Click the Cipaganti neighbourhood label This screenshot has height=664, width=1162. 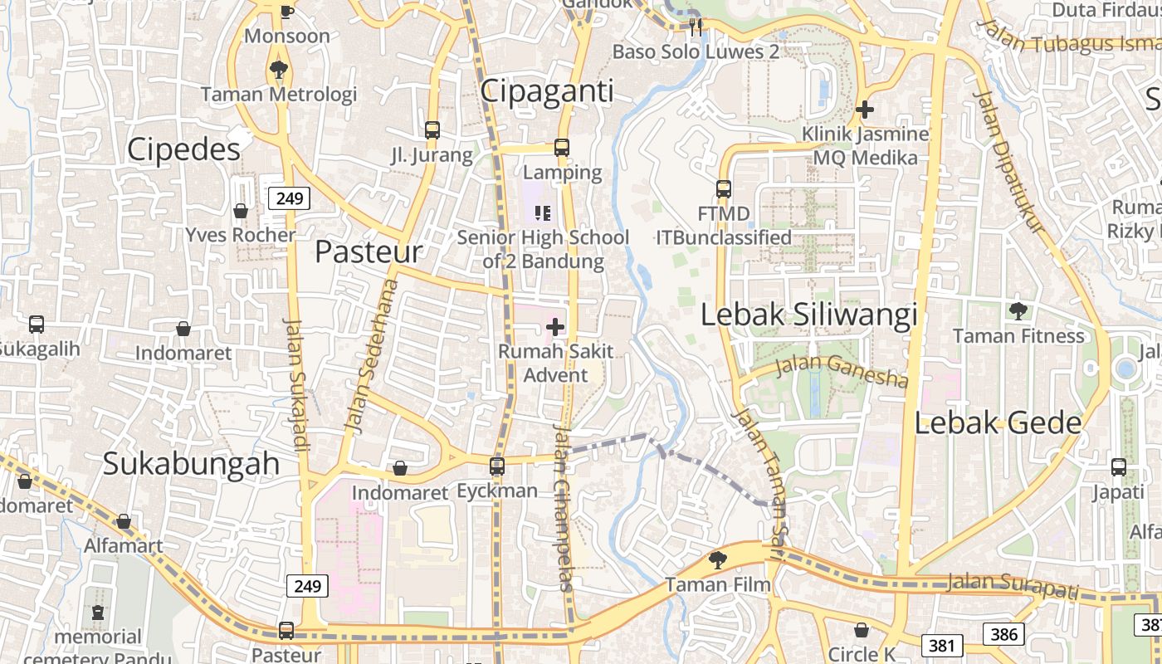tap(547, 90)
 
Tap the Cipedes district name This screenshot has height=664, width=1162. tap(183, 149)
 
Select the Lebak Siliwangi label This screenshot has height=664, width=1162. tap(809, 315)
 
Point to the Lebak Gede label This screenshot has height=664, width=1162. tap(998, 423)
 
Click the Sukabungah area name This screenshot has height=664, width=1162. tap(191, 464)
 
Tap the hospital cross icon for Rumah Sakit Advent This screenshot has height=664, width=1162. tap(555, 327)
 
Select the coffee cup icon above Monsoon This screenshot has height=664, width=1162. tap(286, 11)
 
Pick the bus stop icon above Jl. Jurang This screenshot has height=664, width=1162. tap(432, 129)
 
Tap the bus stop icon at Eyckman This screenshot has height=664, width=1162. tap(497, 466)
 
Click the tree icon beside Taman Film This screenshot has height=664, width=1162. tap(717, 560)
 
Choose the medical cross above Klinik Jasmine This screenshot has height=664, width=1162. tap(865, 109)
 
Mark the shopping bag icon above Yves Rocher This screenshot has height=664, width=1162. tap(241, 211)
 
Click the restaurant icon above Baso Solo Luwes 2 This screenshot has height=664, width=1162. tap(696, 27)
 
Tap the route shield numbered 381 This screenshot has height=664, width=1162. tap(941, 645)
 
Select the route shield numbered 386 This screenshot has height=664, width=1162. tap(1003, 635)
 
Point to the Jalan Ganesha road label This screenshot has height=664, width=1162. tap(841, 371)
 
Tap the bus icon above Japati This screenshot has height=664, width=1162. tap(1119, 466)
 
